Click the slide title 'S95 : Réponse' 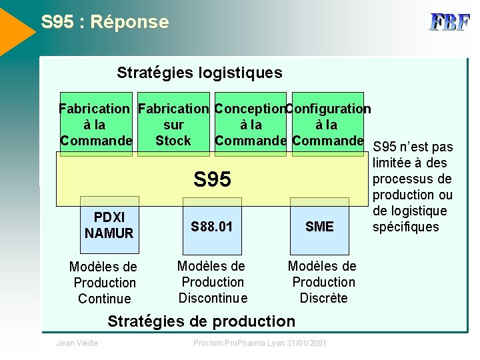click(105, 22)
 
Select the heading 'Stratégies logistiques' click(199, 73)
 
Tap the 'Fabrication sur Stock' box click(173, 125)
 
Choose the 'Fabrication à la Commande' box click(95, 125)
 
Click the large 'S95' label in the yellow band click(212, 179)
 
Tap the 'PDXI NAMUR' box click(109, 225)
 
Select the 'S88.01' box click(212, 227)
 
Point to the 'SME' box click(319, 227)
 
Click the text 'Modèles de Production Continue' click(104, 283)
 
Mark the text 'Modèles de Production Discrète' click(323, 282)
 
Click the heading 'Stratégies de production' click(201, 321)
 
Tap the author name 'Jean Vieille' click(77, 343)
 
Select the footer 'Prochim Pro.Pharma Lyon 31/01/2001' click(260, 343)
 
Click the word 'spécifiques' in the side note click(406, 227)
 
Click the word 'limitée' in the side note click(394, 163)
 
